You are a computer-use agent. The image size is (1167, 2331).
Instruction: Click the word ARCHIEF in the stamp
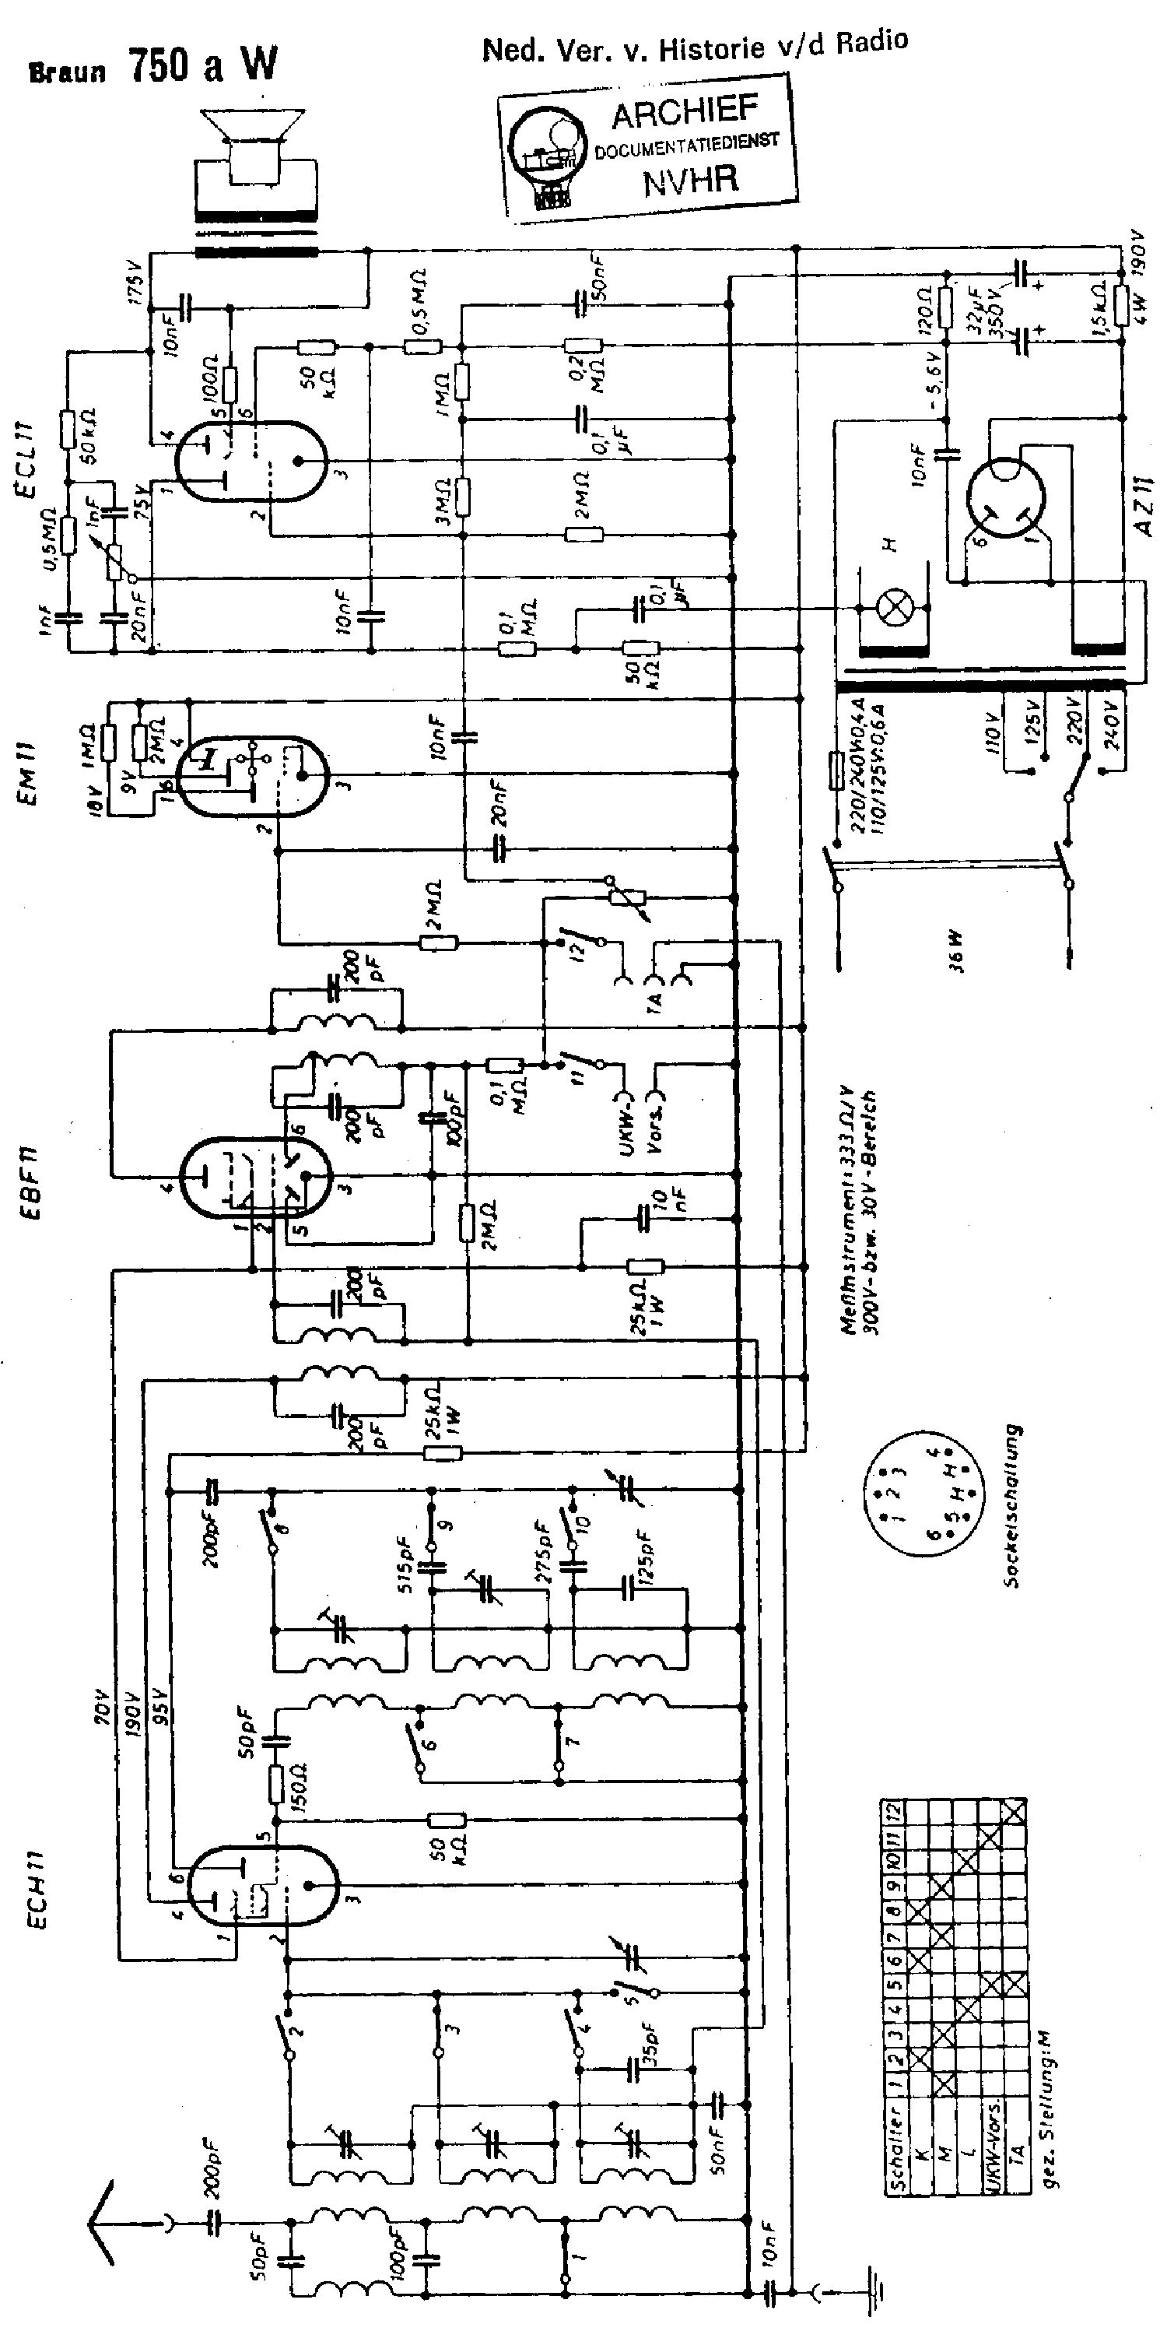tap(685, 112)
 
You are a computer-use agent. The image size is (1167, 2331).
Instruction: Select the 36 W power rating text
tap(955, 951)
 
